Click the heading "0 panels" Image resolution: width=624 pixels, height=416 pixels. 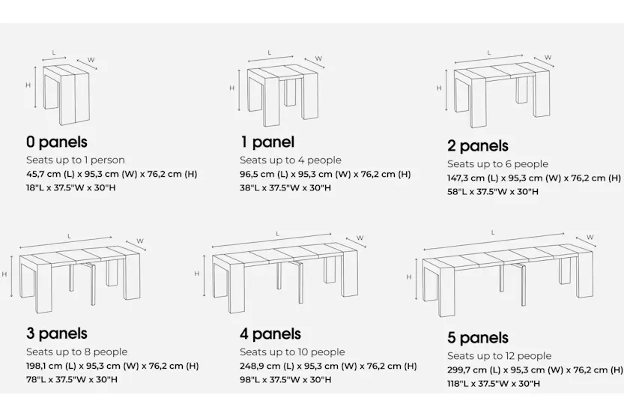(x=57, y=142)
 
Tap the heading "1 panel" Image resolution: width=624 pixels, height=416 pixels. (x=267, y=142)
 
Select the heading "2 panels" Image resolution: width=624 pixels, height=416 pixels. (x=478, y=146)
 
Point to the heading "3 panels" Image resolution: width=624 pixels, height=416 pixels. (x=57, y=334)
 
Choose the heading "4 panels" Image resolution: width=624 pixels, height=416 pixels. (x=270, y=334)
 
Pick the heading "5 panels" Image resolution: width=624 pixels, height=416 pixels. (x=478, y=338)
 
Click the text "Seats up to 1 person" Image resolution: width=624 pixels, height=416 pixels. (x=75, y=160)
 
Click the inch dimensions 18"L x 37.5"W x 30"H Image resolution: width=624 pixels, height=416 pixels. (x=71, y=187)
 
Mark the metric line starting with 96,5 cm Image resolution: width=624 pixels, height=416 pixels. (x=325, y=174)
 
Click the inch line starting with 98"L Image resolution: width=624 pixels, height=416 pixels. (x=285, y=379)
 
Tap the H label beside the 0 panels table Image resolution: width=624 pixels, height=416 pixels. (x=28, y=85)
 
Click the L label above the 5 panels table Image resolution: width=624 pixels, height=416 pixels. (x=493, y=232)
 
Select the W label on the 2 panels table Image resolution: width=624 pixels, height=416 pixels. (x=548, y=57)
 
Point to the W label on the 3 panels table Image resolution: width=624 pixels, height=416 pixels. (x=140, y=241)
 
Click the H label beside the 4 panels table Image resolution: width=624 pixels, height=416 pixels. (x=197, y=274)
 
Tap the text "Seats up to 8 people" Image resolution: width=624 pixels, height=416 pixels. (x=76, y=352)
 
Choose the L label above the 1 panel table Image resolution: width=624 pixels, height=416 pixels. (x=270, y=52)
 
